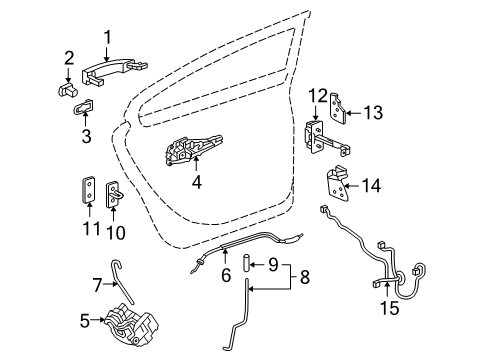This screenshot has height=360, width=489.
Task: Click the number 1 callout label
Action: pos(106,38)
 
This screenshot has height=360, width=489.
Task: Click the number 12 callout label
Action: pos(318,96)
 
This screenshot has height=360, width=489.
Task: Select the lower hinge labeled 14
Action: pos(337,184)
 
